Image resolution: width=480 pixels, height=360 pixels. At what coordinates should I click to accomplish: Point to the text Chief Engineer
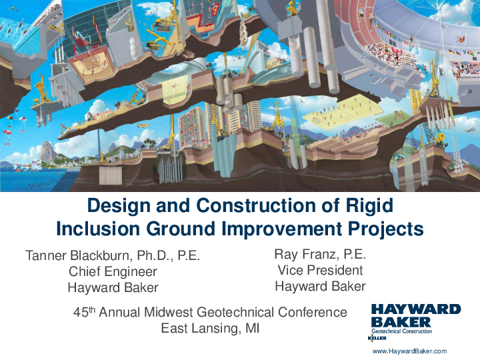click(x=113, y=272)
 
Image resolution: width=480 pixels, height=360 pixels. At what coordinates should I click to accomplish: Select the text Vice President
click(x=320, y=270)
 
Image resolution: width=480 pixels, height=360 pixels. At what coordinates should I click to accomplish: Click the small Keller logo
click(x=377, y=338)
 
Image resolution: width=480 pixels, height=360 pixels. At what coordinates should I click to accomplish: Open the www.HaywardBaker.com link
click(x=409, y=351)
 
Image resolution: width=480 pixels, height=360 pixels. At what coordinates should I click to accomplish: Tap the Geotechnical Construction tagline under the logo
click(x=401, y=331)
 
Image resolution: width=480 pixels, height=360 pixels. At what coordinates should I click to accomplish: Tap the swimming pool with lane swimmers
click(x=20, y=33)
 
